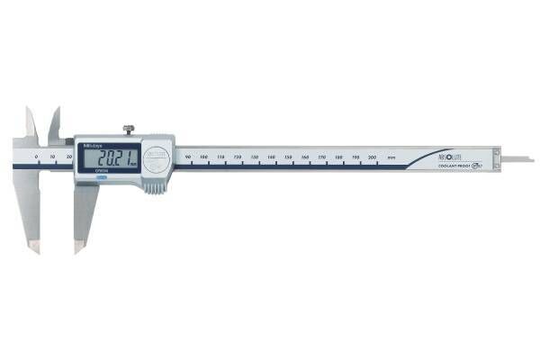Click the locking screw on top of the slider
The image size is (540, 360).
pos(129,130)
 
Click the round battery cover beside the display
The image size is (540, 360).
pos(158,157)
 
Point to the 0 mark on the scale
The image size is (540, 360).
pos(36,157)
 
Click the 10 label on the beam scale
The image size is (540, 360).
pos(52,157)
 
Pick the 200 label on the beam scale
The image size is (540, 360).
pos(373,158)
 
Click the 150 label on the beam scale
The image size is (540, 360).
pos(288,158)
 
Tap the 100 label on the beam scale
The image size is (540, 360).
pos(204,158)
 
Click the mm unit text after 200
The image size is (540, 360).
pos(391,158)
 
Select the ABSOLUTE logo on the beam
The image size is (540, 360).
pos(451,155)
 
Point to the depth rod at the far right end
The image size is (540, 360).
pos(518,159)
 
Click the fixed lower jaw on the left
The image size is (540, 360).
pos(29,207)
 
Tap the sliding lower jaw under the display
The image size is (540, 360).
pos(84,211)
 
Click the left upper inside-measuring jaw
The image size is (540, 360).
pos(31,123)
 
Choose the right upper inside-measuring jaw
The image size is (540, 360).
pos(55,124)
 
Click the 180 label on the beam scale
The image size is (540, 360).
pos(338,158)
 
